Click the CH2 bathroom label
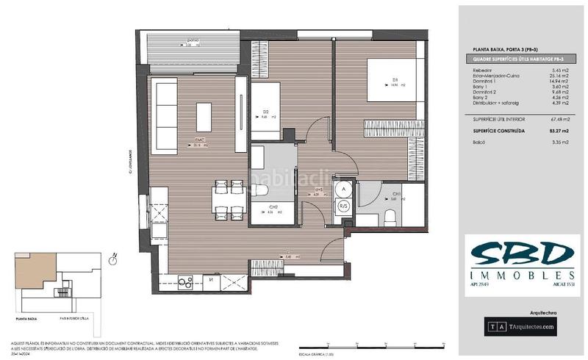click(273, 208)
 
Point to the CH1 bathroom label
click(394, 194)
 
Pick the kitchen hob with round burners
click(185, 281)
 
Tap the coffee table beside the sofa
click(204, 117)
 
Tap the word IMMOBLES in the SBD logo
click(521, 274)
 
